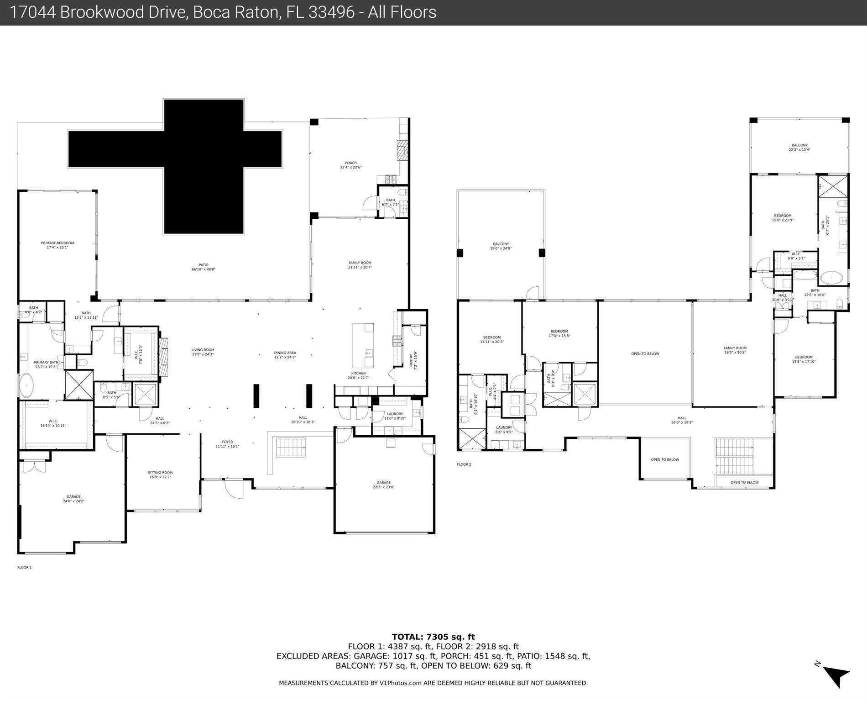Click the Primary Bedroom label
point(57,245)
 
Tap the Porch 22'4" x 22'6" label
point(350,165)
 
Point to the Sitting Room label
point(160,475)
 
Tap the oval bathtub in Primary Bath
point(26,386)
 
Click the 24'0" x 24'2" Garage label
point(73,499)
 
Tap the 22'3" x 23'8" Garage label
point(383,485)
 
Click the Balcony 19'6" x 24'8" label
point(501,246)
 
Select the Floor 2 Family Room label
point(735,350)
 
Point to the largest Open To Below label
point(645,353)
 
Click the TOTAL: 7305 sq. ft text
point(433,637)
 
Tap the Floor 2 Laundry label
point(504,429)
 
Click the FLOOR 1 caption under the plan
point(24,567)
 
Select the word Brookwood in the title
point(123,12)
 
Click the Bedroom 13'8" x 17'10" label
point(804,359)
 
